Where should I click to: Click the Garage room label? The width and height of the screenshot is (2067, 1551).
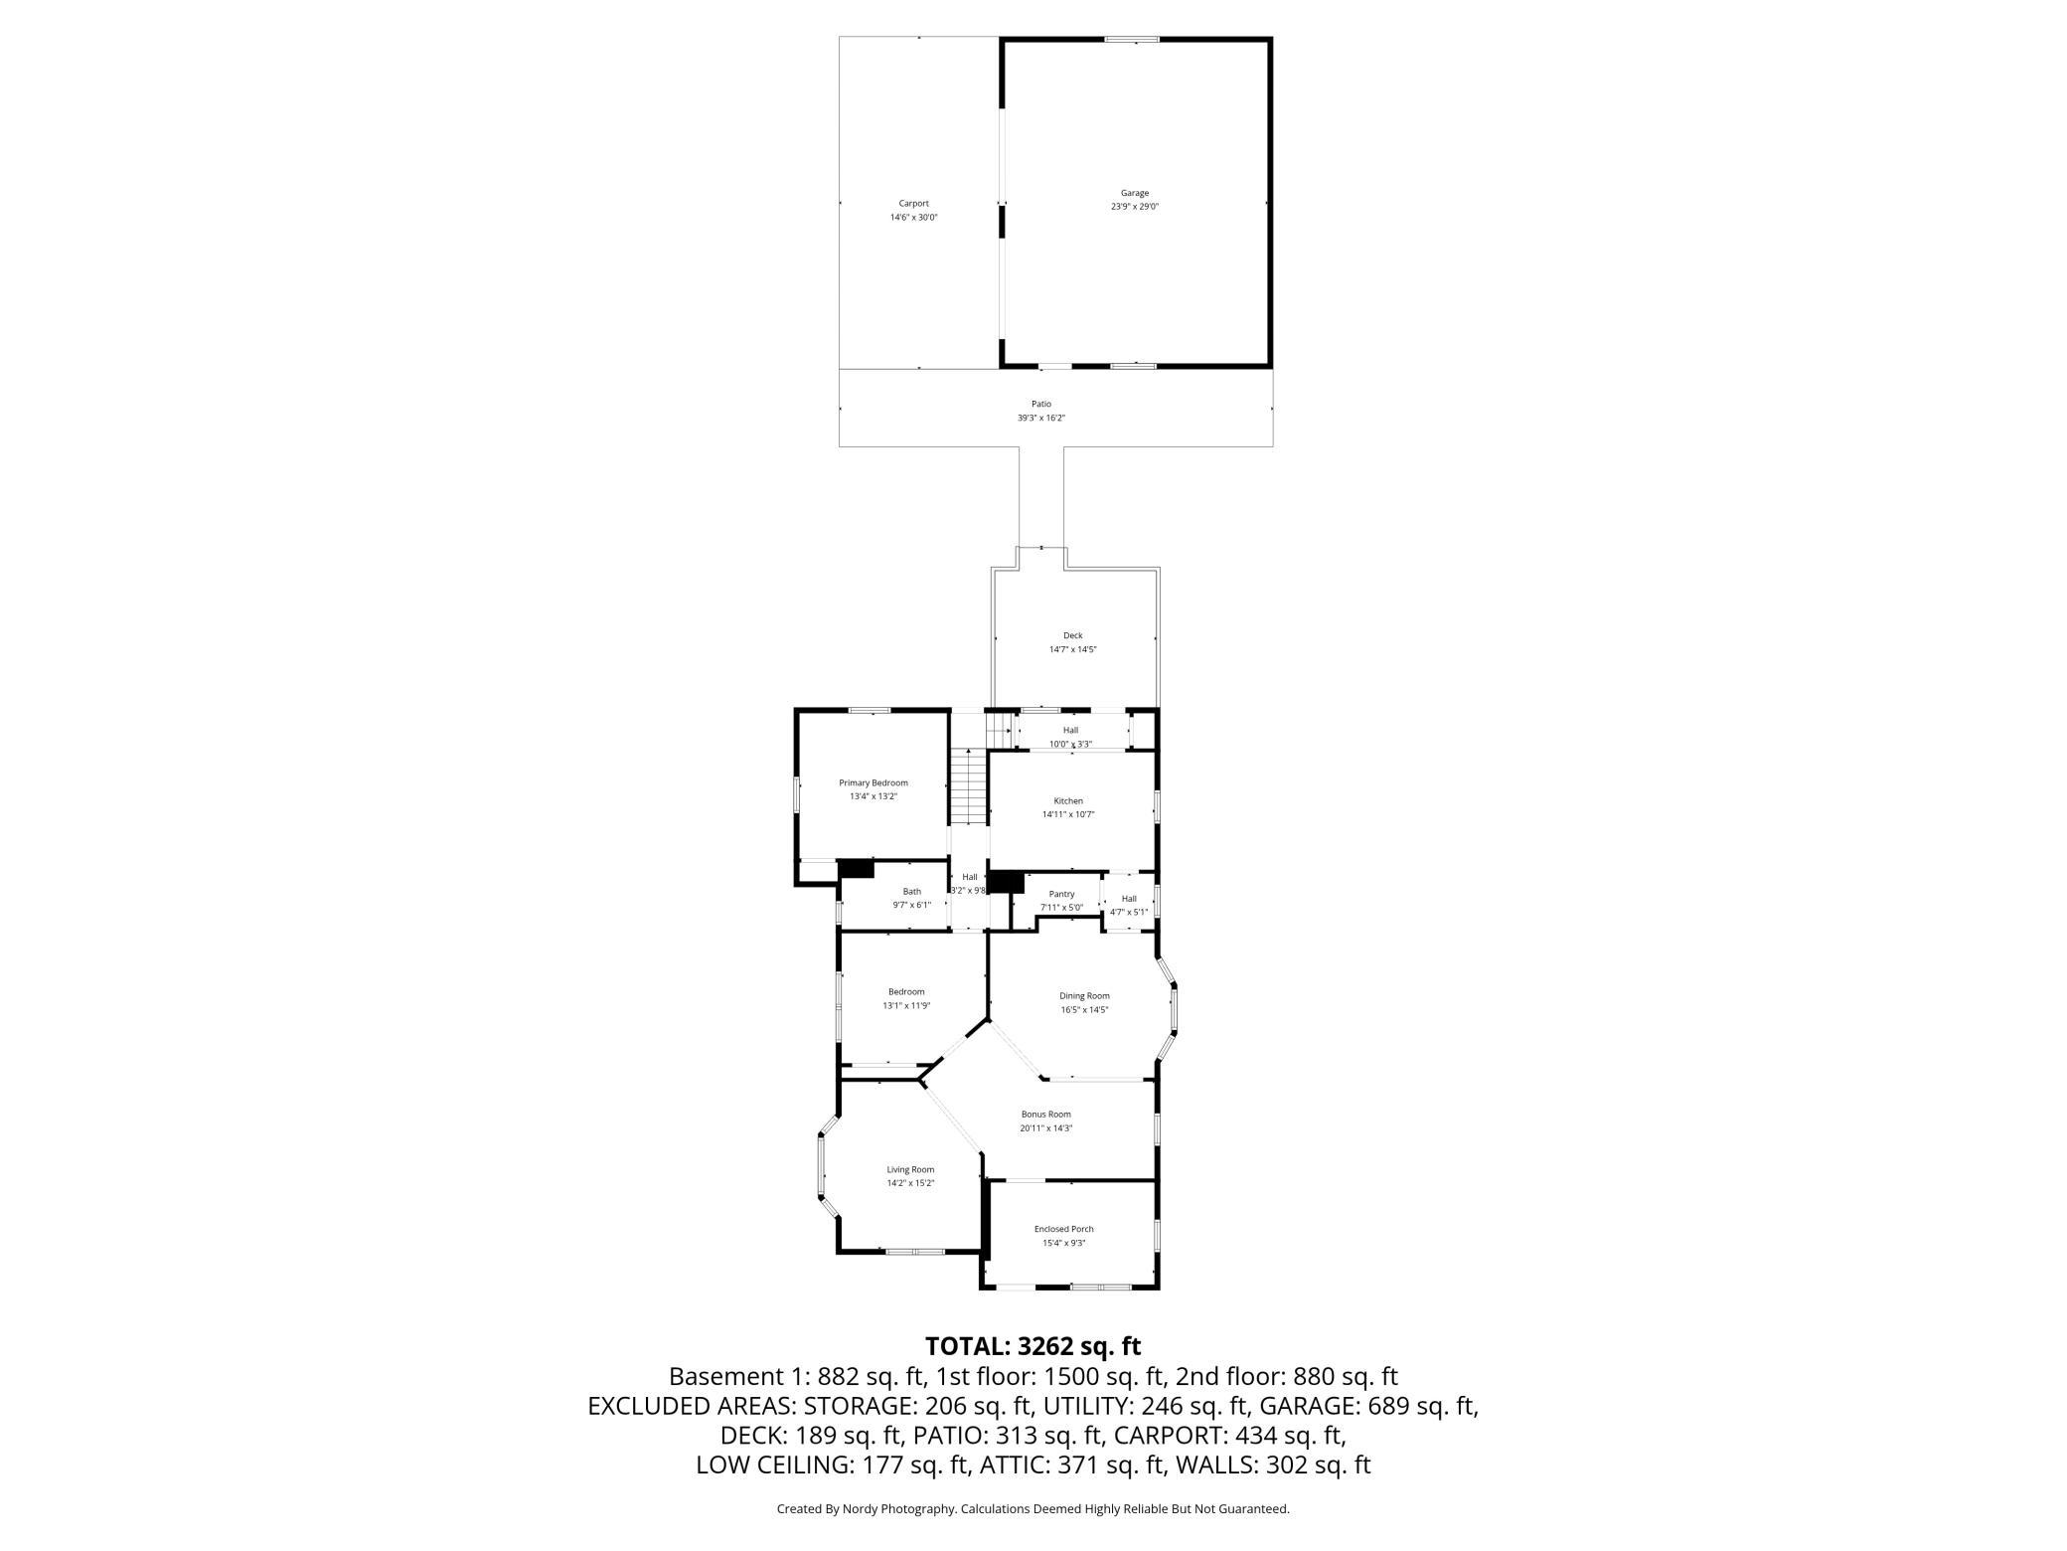1135,193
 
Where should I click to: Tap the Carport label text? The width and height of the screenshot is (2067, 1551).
913,203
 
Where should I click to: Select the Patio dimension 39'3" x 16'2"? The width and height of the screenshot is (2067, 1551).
1040,418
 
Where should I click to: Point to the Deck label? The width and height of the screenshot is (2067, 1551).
1072,635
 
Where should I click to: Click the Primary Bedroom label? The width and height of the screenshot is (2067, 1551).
874,782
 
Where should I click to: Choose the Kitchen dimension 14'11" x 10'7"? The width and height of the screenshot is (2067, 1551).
1068,814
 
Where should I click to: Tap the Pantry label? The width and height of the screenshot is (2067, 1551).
1061,894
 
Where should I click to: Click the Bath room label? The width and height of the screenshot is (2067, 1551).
911,891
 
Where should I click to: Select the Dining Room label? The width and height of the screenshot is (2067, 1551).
1084,995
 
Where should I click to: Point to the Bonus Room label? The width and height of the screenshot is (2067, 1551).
1045,1115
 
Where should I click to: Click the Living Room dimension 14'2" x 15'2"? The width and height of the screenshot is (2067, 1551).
910,1183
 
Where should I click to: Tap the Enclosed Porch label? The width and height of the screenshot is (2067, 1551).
1063,1229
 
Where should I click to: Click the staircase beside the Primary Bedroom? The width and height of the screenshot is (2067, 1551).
968,786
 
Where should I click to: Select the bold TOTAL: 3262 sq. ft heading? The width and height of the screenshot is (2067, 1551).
1033,1346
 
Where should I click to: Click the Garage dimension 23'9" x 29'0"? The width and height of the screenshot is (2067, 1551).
1135,207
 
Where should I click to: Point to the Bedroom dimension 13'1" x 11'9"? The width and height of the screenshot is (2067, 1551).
906,1005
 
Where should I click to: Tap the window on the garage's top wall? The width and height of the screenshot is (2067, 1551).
1132,39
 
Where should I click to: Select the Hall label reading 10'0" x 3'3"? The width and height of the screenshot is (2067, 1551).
1070,744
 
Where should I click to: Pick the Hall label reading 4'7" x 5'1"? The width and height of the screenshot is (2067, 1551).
1129,912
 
